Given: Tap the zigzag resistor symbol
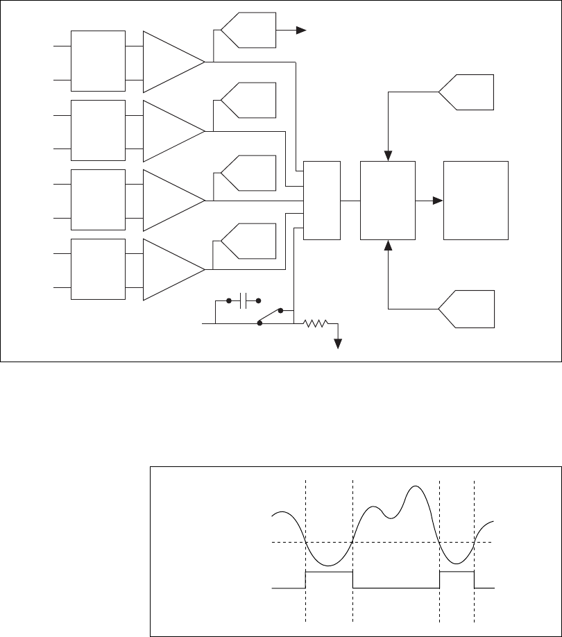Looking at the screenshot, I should [x=316, y=323].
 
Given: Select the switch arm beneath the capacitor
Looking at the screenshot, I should [x=270, y=316].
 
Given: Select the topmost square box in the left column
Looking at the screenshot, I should [x=99, y=61].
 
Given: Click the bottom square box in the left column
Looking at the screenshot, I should [x=99, y=269].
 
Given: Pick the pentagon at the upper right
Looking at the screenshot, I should [x=468, y=92].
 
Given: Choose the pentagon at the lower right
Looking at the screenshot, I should [x=468, y=309].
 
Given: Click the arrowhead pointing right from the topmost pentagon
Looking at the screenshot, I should [x=302, y=30].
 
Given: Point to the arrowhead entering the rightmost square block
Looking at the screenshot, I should [x=438, y=201].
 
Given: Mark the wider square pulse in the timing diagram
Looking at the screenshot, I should [x=329, y=572].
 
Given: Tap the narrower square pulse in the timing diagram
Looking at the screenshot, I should [x=457, y=572].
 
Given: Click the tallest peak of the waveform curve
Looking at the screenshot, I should [x=416, y=487].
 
